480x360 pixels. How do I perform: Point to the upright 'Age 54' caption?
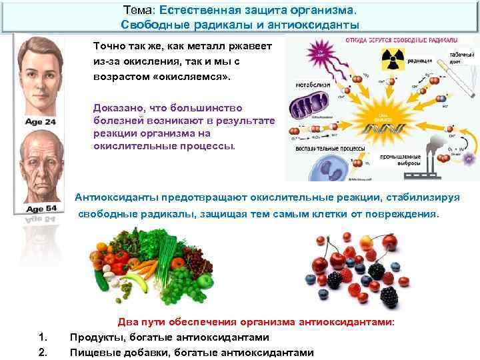click(42, 208)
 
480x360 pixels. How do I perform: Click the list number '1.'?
click(43, 337)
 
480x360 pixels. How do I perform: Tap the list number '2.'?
click(43, 351)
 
